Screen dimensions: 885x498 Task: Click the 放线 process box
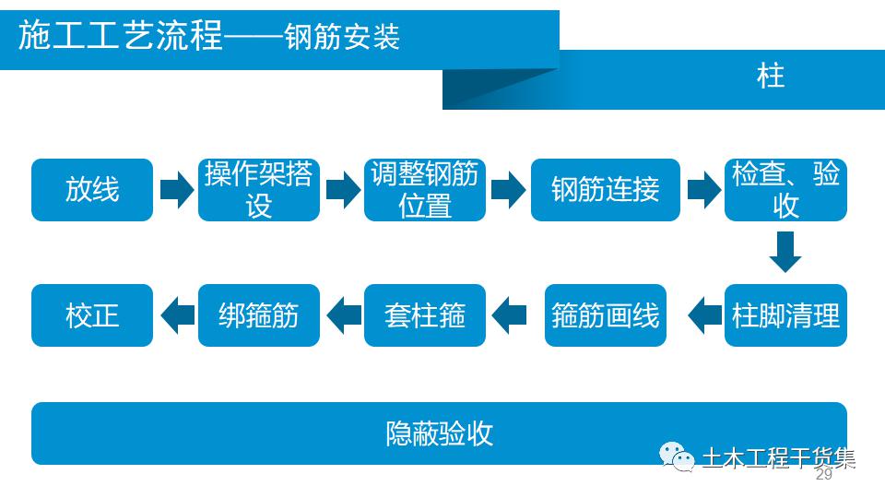(x=92, y=190)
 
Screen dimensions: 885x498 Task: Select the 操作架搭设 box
(x=258, y=190)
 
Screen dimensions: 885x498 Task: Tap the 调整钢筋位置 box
(x=425, y=190)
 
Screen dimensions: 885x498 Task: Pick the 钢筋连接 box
(x=605, y=190)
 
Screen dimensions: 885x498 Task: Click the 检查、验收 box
(x=785, y=190)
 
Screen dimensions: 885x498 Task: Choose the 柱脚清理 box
(x=785, y=315)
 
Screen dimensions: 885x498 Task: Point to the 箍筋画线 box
(x=605, y=315)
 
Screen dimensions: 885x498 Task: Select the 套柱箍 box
(x=425, y=315)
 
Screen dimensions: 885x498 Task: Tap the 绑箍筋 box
(x=258, y=315)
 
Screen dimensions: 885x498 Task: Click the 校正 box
(x=92, y=315)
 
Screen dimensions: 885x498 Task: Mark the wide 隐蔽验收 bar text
(x=439, y=433)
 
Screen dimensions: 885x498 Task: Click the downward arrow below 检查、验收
(x=785, y=252)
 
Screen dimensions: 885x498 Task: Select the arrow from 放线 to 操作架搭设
(x=177, y=190)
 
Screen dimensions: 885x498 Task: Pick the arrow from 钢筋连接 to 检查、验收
(x=704, y=190)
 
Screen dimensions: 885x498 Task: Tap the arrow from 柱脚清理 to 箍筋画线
(x=705, y=315)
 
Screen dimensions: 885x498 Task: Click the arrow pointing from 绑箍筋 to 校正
(x=178, y=315)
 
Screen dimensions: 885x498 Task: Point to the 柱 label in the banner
(x=771, y=77)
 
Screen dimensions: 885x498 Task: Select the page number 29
(x=824, y=474)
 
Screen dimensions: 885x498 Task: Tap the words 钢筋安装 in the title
(x=342, y=37)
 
